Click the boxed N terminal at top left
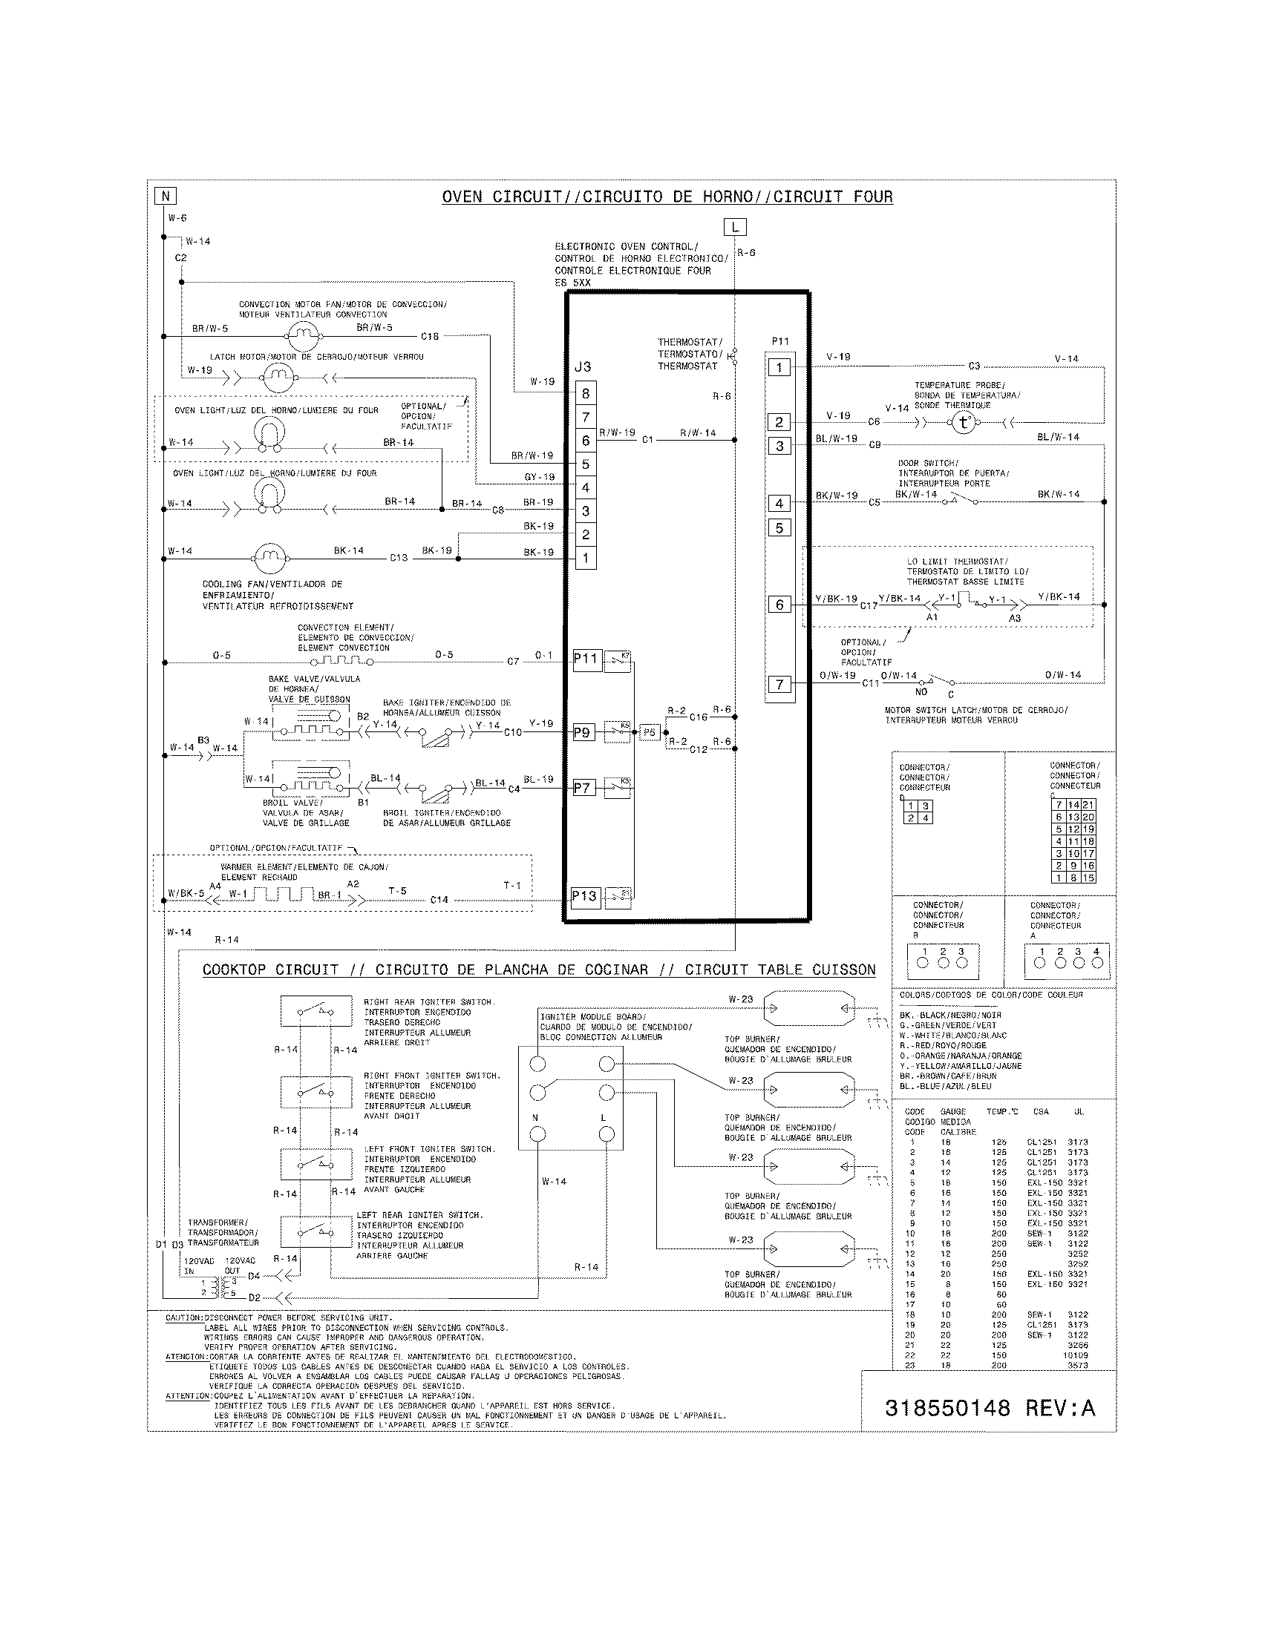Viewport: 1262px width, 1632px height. (165, 196)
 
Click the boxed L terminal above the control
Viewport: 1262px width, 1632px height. (735, 227)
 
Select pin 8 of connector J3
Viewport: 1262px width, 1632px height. (586, 394)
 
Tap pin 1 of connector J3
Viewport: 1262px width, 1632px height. (586, 558)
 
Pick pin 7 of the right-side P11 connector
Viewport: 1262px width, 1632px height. (779, 684)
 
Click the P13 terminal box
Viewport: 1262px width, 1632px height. (585, 896)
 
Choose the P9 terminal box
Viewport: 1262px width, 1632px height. (583, 732)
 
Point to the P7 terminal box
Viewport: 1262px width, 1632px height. (583, 788)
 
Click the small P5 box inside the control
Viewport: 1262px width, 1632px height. (649, 732)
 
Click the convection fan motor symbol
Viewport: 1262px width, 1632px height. (304, 336)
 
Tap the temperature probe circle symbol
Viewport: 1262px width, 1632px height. (964, 423)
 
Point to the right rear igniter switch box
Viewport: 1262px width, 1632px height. (316, 1011)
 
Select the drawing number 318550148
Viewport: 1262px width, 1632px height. (947, 1409)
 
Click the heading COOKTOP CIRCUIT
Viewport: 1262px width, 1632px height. (271, 970)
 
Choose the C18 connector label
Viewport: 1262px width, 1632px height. (430, 336)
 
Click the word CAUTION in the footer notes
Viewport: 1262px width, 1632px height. (184, 1317)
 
